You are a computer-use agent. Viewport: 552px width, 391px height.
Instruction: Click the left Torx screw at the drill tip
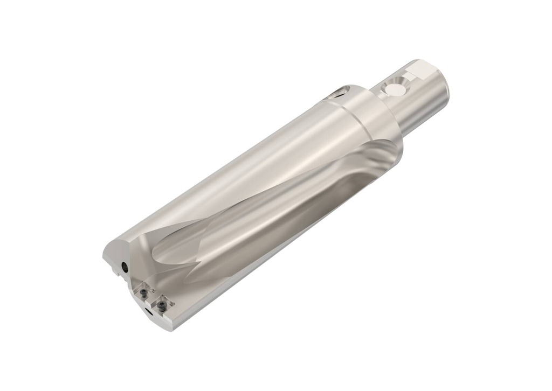pos(144,293)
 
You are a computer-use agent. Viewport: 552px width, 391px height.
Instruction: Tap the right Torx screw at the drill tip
pos(161,306)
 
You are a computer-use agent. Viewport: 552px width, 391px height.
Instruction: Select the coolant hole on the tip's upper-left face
pos(125,266)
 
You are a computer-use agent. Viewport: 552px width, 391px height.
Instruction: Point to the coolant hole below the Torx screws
pos(147,311)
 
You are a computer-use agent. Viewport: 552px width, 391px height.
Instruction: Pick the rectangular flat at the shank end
pos(421,71)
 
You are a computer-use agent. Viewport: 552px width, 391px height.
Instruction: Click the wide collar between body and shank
pos(372,116)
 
